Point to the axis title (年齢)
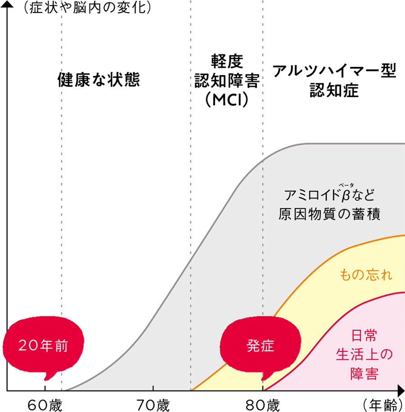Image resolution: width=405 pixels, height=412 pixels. tap(383, 405)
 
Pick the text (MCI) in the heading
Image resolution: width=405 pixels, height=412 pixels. tap(227, 100)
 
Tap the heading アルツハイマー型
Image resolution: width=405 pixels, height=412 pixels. tap(334, 71)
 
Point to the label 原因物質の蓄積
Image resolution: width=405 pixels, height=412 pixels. tap(330, 215)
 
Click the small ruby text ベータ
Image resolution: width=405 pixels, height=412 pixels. tap(346, 184)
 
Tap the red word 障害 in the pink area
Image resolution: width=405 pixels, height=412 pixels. tap(364, 374)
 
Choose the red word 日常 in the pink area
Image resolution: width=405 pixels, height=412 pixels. tap(364, 336)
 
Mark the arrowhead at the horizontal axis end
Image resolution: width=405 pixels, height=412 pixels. tap(400, 391)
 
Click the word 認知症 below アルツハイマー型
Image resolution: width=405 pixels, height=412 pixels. tap(334, 90)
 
